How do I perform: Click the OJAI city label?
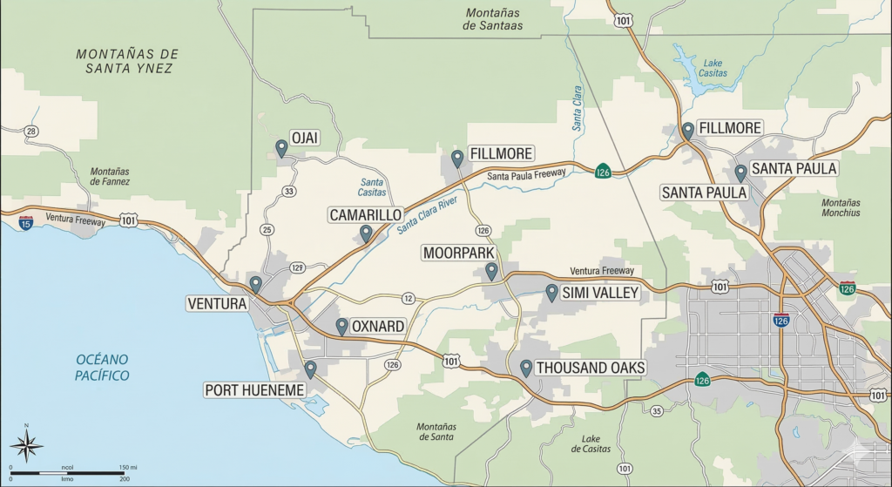point(305,138)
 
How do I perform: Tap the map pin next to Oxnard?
point(342,326)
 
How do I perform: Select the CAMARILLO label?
point(365,214)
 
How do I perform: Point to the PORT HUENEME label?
point(253,389)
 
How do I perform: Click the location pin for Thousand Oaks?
point(526,368)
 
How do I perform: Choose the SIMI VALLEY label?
point(600,293)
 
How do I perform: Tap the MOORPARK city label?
point(459,253)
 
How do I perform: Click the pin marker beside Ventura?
point(255,284)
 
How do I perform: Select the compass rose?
point(26,447)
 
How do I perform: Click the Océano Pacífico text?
point(102,367)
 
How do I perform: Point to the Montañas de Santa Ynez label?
point(126,61)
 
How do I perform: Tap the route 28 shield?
point(31,132)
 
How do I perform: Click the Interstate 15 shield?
point(26,222)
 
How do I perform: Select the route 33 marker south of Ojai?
point(288,192)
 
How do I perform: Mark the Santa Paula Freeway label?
point(526,175)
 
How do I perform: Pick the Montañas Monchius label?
point(841,207)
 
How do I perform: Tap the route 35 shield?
point(656,410)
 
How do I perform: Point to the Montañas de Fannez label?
point(110,176)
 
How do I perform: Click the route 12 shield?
point(408,299)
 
